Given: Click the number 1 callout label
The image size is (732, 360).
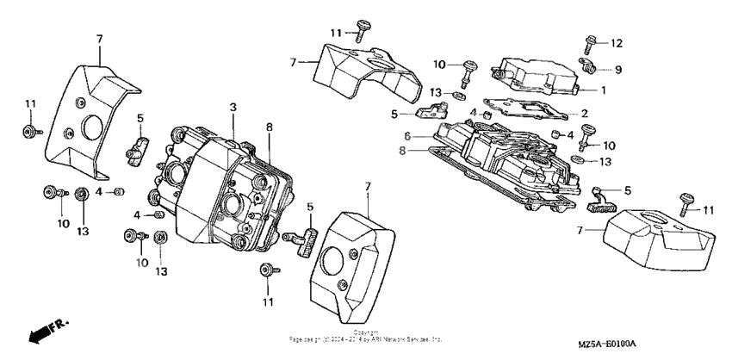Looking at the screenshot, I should (604, 90).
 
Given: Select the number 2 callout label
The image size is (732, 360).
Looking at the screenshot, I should (584, 113).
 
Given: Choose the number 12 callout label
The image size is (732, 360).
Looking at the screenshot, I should (615, 42).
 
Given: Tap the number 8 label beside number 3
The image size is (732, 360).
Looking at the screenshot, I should (269, 126).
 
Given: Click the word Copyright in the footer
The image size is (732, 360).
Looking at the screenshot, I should (366, 332).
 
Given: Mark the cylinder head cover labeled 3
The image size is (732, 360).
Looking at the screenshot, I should (228, 185).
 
